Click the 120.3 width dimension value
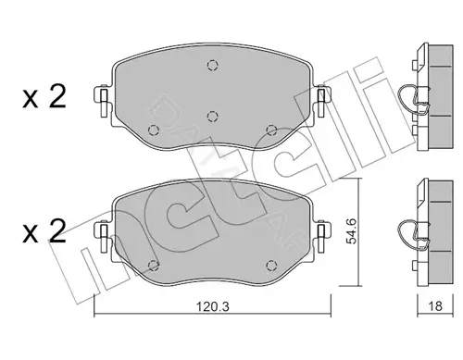213,306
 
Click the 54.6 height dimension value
351,231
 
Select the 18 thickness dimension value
435,306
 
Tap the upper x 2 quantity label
44,97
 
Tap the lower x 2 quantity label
44,231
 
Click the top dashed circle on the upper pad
213,66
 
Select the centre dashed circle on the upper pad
213,117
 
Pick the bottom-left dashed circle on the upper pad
154,130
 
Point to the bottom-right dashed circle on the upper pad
271,130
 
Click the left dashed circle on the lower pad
154,266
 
